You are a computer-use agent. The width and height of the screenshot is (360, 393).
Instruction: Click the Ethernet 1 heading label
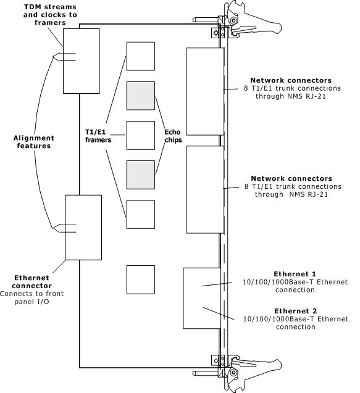pos(295,274)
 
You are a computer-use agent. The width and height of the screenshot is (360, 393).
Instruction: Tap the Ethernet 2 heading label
pos(296,311)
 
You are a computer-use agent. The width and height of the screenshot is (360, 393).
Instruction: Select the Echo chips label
pos(173,136)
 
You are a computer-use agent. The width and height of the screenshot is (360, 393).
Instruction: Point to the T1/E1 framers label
pos(98,136)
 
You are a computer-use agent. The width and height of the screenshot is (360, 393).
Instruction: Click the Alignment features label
pos(34,142)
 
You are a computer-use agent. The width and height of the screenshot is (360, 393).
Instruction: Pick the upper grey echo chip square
pos(141,96)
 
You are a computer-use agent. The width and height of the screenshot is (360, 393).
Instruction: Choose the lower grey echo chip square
pos(141,175)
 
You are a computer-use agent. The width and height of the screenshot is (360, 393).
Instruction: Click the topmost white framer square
pos(141,56)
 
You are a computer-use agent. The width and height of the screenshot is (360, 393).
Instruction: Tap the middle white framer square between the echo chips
pos(141,135)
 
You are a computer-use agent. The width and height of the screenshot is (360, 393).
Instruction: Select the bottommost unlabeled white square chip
pos(141,279)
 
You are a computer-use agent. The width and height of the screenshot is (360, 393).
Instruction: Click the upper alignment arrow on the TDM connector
pos(64,57)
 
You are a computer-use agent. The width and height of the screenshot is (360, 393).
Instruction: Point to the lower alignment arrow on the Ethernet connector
pos(64,228)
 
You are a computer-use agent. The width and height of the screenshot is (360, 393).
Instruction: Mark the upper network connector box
pos(205,91)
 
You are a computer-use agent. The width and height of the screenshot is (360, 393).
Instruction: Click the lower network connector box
pos(205,190)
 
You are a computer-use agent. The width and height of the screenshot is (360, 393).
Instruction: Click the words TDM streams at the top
pos(50,7)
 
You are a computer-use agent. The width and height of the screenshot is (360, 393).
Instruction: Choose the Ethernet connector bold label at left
pos(32,282)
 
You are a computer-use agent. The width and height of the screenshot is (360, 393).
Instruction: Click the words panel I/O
pos(32,302)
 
